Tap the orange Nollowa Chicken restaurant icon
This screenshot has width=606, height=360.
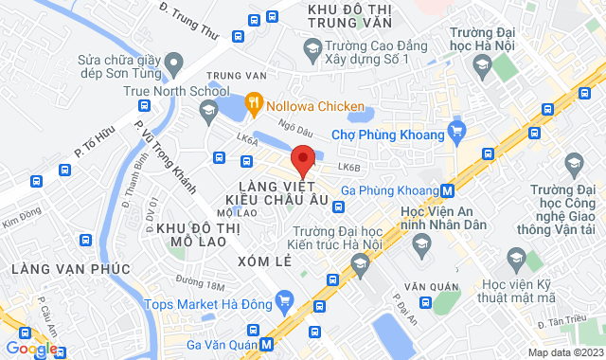[x=253, y=100]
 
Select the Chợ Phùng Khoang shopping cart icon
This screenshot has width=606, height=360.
[x=457, y=131]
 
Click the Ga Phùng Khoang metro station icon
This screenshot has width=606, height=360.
[x=446, y=189]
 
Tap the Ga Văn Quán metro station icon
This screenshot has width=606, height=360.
[x=268, y=344]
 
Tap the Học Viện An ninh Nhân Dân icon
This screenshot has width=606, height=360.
[x=421, y=245]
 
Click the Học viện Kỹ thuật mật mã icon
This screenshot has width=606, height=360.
[x=516, y=256]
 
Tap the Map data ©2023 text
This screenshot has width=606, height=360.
[x=564, y=352]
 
